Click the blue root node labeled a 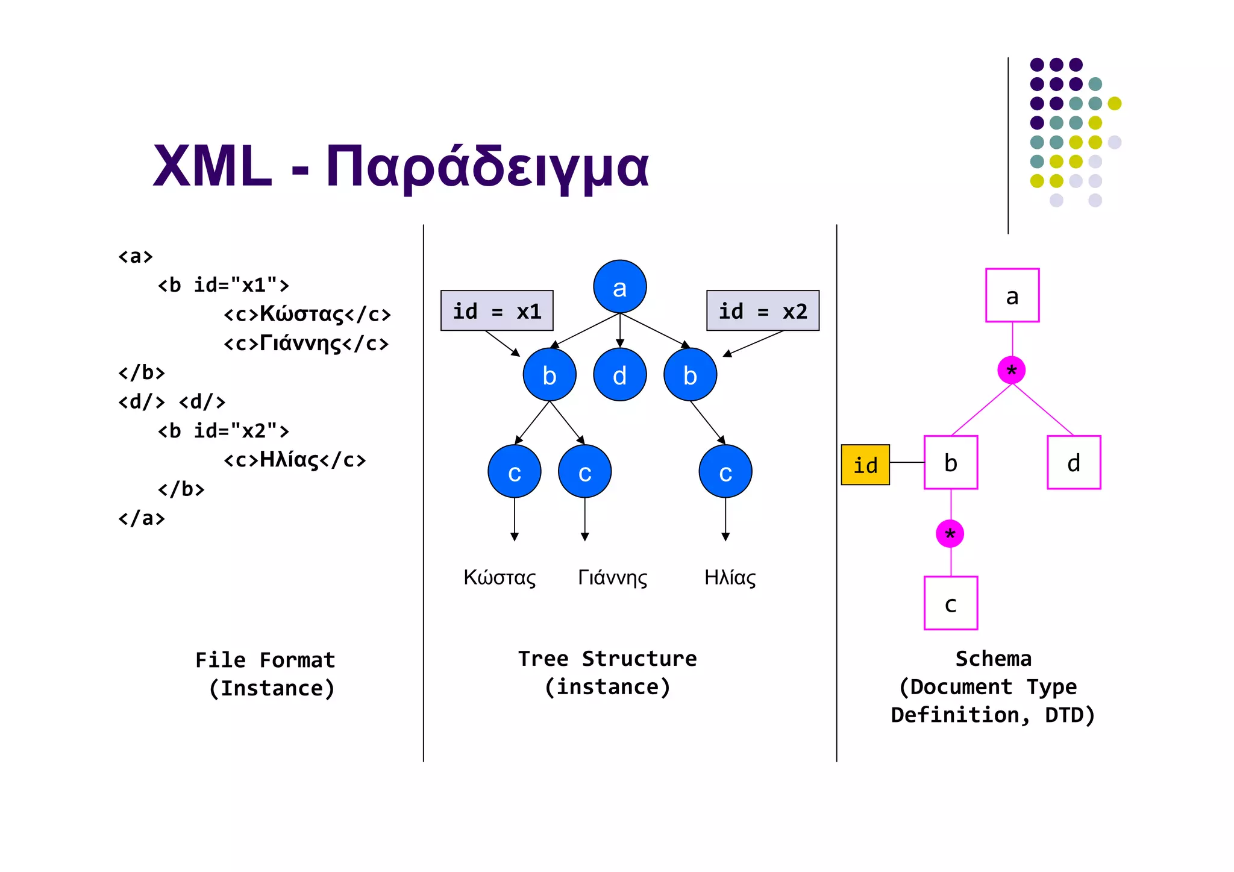tap(619, 287)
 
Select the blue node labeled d tap(619, 375)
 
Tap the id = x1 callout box tap(496, 311)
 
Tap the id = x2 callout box tap(762, 311)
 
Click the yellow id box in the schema tap(865, 465)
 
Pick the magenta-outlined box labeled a tap(1012, 295)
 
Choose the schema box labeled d tap(1073, 462)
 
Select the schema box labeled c tap(950, 603)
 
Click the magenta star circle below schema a tap(1011, 370)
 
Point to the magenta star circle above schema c tap(950, 533)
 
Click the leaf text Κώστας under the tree tap(500, 577)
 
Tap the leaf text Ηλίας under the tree tap(730, 577)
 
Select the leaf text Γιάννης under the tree tap(612, 577)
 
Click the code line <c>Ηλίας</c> tap(295, 460)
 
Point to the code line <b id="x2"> tap(224, 431)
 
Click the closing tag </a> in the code tap(141, 518)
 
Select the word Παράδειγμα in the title tap(487, 167)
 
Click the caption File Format tap(265, 660)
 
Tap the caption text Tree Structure tap(607, 659)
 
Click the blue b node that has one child tap(690, 375)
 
